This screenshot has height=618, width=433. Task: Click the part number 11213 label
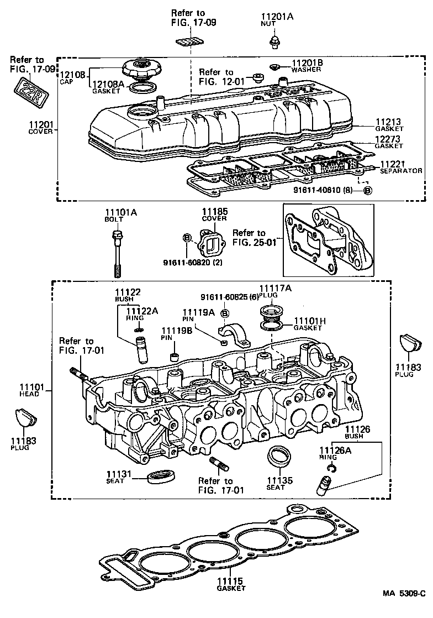coord(388,122)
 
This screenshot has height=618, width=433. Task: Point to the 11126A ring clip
coord(332,469)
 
